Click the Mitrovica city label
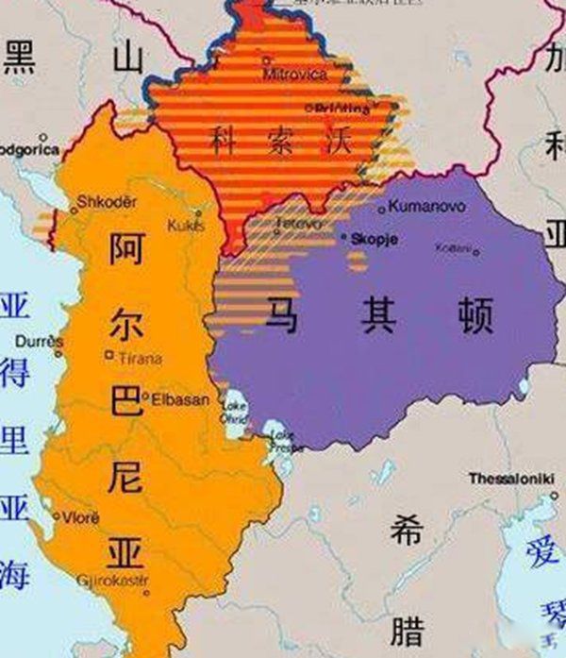click(x=295, y=73)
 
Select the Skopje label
click(x=375, y=241)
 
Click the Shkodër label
click(x=106, y=202)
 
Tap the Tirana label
click(x=140, y=359)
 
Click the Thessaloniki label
click(x=511, y=480)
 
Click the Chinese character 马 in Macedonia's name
click(x=283, y=314)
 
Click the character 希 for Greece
click(x=408, y=533)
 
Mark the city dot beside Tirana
click(x=110, y=356)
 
